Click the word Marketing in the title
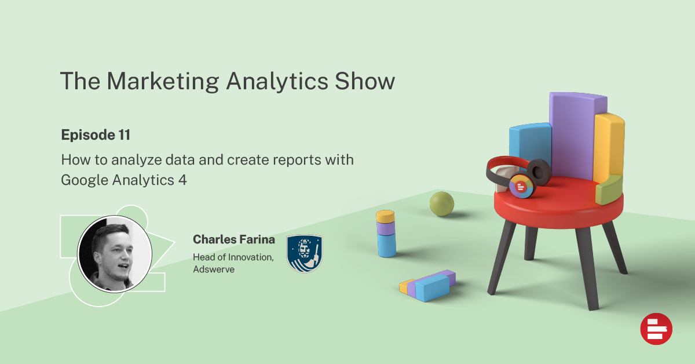[x=163, y=81]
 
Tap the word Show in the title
[x=365, y=81]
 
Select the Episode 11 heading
[x=96, y=135]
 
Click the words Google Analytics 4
[x=124, y=180]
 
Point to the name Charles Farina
[x=234, y=239]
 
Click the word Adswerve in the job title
[x=214, y=269]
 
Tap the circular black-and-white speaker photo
[x=115, y=254]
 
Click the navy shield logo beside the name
[x=305, y=253]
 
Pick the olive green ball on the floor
[x=442, y=204]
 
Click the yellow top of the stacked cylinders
[x=385, y=216]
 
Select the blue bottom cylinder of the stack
[x=387, y=245]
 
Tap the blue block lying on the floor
[x=432, y=288]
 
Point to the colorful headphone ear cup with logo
[x=522, y=185]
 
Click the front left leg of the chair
[x=502, y=257]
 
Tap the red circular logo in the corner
[x=656, y=329]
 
